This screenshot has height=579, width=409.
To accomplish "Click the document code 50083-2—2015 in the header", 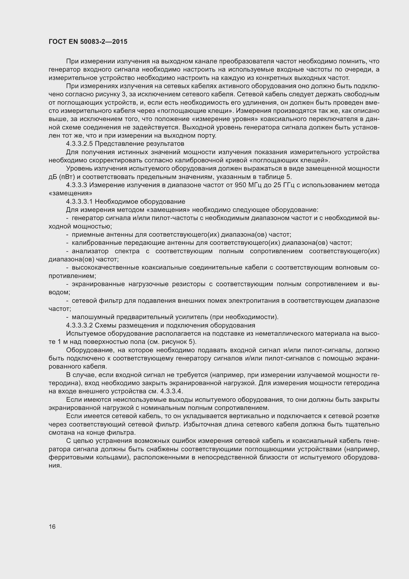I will pos(104,42).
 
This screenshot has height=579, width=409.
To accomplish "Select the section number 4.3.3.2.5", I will pos(79,144).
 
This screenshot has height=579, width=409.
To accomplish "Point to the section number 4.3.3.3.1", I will pos(79,202).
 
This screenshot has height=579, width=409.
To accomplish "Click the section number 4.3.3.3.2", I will pos(79,325).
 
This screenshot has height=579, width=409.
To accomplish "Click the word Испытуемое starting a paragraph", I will pos(86,334).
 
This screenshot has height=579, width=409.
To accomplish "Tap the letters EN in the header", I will pos(73,42).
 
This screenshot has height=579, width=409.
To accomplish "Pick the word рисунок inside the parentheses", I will pos(169,342).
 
